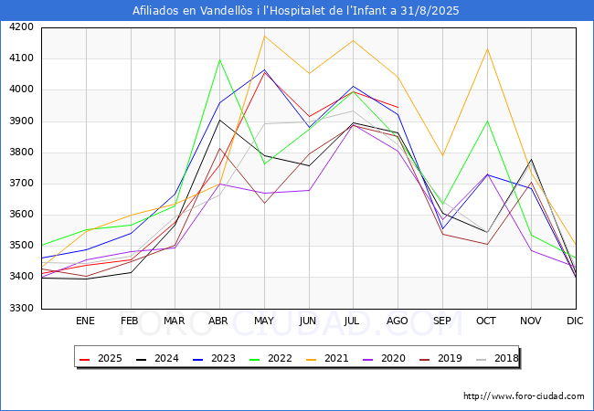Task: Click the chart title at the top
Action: click(296, 11)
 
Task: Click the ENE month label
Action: click(85, 321)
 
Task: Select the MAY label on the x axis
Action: click(263, 321)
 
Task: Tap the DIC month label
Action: click(575, 321)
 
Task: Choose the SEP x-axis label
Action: click(441, 321)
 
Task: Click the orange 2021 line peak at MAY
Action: click(264, 37)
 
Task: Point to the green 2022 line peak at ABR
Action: click(219, 59)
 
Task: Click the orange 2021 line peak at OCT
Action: click(486, 48)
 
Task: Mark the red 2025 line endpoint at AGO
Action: click(398, 107)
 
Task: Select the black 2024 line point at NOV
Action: click(531, 160)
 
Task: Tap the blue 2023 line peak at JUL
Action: click(353, 87)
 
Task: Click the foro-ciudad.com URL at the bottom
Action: click(524, 396)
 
